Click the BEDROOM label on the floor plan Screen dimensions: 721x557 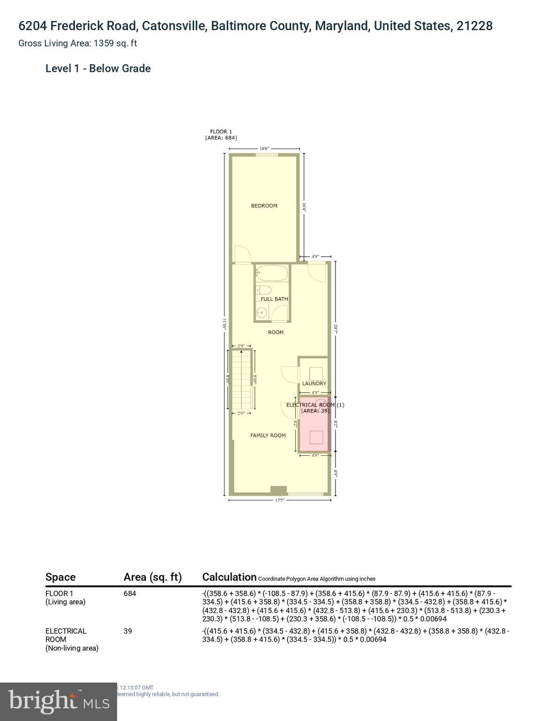click(264, 206)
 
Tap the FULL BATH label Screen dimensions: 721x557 click(274, 299)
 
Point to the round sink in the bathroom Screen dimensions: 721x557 click(261, 312)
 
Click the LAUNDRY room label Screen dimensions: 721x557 click(314, 384)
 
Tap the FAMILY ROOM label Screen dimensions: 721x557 click(267, 436)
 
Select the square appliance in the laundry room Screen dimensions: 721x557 click(316, 373)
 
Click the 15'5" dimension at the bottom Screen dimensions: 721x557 click(279, 500)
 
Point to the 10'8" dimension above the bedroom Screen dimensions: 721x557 click(264, 149)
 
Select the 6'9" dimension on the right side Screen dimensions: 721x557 click(336, 473)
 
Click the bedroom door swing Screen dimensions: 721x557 click(243, 254)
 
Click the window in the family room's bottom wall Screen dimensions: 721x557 click(305, 494)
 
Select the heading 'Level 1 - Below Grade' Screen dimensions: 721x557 click(98, 69)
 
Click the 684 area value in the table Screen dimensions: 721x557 click(130, 594)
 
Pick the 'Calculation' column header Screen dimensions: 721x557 click(229, 577)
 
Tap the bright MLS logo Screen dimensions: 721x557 click(58, 701)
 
